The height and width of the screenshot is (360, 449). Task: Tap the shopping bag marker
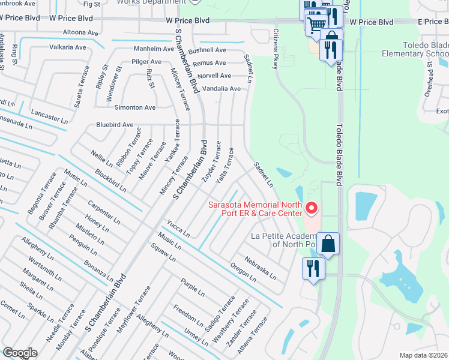coord(328,244)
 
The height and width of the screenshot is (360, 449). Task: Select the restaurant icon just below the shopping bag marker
coord(313,268)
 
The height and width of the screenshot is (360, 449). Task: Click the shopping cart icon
coord(316,25)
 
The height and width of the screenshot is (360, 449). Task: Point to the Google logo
coord(20,353)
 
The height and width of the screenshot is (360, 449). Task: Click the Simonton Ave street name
coord(135,107)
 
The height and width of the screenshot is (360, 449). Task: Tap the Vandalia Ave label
coord(221,89)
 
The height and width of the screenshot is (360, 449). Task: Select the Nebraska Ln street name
coord(260,268)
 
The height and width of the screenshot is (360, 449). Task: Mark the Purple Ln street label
coord(193,286)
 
